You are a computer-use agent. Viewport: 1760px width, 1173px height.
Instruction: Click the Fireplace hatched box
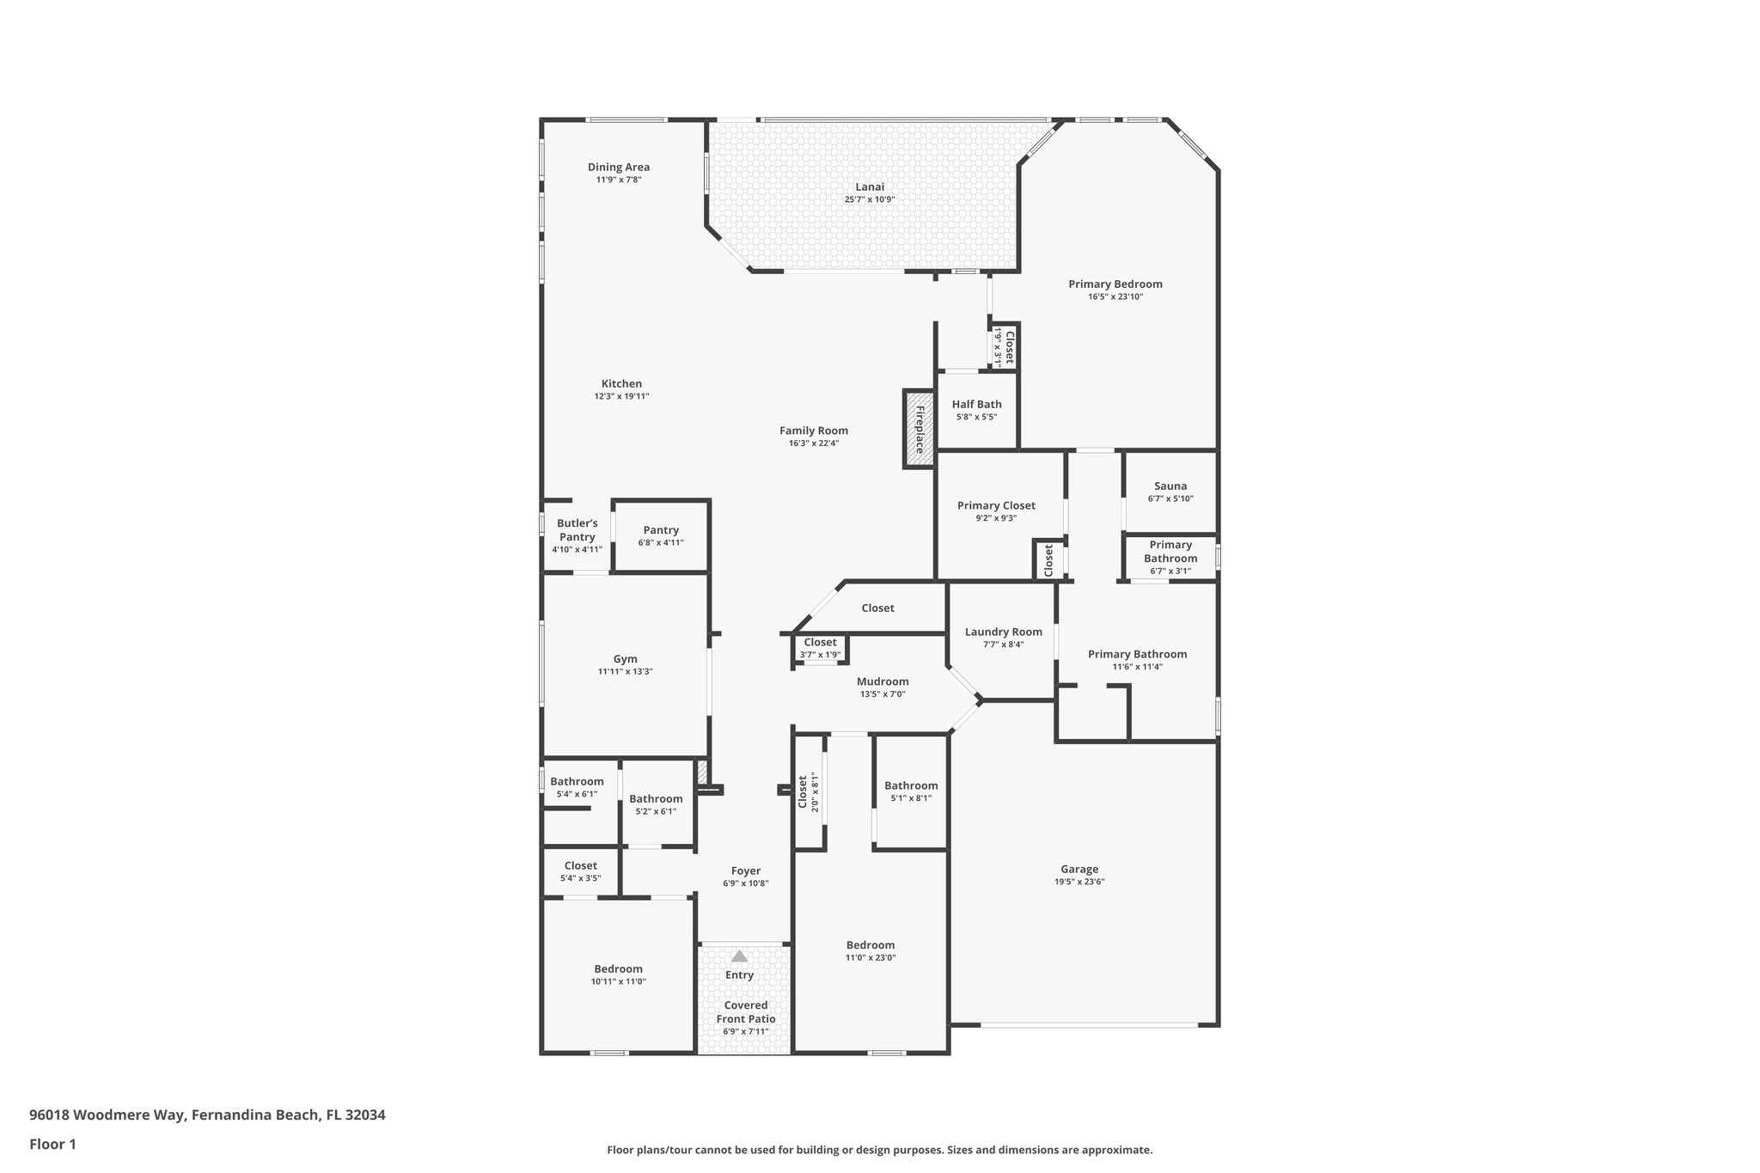click(x=919, y=429)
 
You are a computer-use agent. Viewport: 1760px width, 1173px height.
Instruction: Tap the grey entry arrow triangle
click(x=739, y=956)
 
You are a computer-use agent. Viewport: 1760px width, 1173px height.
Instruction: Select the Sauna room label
click(x=1170, y=486)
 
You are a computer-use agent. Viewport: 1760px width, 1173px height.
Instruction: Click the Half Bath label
click(x=976, y=404)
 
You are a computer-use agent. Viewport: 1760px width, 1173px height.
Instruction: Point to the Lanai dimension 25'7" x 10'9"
click(x=869, y=199)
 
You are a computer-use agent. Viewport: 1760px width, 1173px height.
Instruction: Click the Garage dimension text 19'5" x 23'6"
click(x=1079, y=882)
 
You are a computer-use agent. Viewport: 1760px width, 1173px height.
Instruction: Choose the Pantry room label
click(x=661, y=530)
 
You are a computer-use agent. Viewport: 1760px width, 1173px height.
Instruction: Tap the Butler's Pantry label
click(x=577, y=529)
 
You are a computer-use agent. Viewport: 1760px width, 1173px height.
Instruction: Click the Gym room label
click(x=625, y=659)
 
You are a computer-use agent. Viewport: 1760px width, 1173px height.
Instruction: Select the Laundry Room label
click(x=1003, y=632)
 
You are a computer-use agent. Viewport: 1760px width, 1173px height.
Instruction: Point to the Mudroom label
click(x=882, y=681)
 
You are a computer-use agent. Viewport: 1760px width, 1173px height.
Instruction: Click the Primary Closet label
click(x=996, y=505)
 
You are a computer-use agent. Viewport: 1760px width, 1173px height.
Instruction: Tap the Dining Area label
click(x=618, y=167)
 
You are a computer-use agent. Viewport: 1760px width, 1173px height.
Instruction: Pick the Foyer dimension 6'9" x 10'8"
click(x=745, y=883)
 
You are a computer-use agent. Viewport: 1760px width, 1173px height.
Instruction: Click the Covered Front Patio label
click(x=745, y=1011)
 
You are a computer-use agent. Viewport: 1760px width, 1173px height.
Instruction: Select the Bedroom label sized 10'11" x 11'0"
click(x=618, y=968)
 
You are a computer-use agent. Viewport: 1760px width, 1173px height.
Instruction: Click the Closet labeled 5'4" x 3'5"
click(x=580, y=865)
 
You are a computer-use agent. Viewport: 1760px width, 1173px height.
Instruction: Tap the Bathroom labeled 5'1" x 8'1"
click(x=911, y=785)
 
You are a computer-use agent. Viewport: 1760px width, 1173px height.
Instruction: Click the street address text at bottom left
click(x=207, y=1115)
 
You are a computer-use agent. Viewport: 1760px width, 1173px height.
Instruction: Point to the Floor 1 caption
click(x=52, y=1144)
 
